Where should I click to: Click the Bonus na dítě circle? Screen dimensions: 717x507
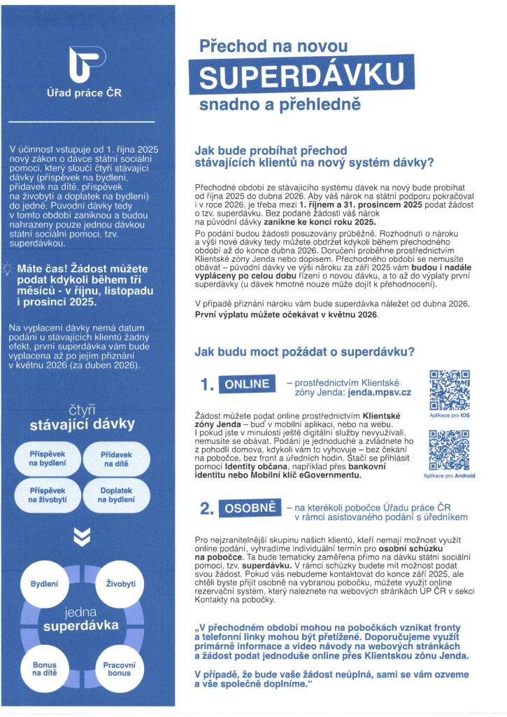tap(44, 669)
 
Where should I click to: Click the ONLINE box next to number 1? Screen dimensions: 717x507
tap(247, 384)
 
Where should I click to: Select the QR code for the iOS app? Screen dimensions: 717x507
tap(449, 390)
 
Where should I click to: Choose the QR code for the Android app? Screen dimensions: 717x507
tap(449, 450)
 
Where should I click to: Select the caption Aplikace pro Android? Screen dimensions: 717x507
tap(449, 476)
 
